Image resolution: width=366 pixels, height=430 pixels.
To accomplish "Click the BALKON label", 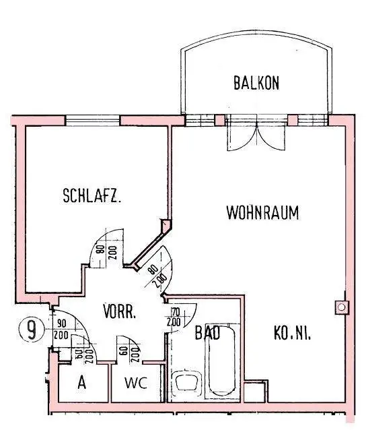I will [x=256, y=84].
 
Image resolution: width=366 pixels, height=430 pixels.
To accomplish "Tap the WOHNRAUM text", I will [x=262, y=213].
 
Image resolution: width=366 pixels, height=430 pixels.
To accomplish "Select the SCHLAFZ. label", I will [x=91, y=197].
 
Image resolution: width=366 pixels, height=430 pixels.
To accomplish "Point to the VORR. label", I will [x=120, y=313].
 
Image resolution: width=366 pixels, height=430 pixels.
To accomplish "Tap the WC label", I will [x=135, y=384].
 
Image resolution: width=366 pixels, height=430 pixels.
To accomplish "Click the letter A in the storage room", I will [x=81, y=384].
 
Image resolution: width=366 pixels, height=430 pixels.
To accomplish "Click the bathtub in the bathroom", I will [x=221, y=361].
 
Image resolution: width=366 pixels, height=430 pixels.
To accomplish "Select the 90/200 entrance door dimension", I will [x=61, y=330].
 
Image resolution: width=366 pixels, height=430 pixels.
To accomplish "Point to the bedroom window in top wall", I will [x=93, y=121].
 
